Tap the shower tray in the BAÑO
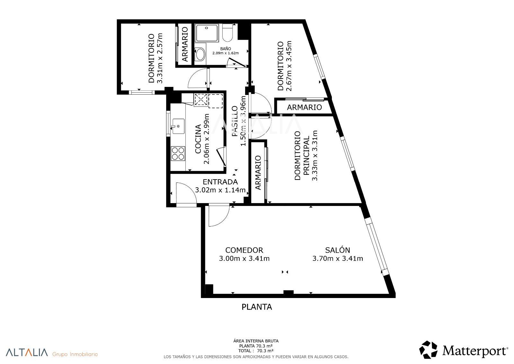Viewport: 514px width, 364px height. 207,33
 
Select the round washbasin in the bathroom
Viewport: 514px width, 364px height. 200,54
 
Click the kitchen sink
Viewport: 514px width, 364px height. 178,126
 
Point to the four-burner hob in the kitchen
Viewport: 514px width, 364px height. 178,154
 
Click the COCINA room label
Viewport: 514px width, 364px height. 198,139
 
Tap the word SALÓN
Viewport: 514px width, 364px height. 338,250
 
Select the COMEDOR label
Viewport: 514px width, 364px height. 244,250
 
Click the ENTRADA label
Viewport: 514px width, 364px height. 220,182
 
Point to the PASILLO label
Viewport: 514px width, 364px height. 235,121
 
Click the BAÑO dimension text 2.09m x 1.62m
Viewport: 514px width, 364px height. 226,53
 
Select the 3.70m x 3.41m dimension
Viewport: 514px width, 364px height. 338,258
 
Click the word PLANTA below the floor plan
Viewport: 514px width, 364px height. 257,307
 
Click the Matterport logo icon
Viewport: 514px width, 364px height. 428,350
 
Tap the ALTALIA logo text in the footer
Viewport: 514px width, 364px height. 27,352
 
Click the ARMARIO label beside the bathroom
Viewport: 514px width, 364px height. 185,44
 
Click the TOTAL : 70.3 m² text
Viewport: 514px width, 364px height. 256,351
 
